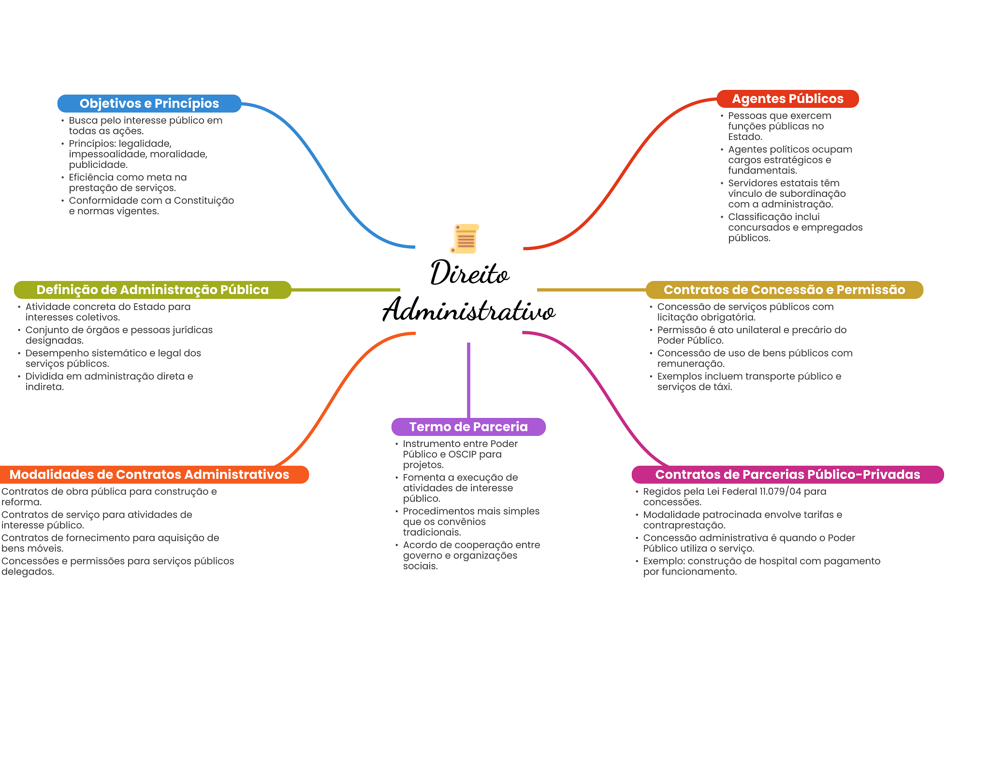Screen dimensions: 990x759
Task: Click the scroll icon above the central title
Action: tap(465, 238)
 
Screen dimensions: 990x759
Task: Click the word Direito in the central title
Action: tap(469, 273)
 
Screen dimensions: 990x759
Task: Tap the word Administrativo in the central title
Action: tap(468, 310)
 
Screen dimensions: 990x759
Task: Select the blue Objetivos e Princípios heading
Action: tap(149, 104)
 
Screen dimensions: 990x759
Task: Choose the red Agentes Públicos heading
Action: tap(787, 99)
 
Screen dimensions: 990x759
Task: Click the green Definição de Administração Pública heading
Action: tap(152, 290)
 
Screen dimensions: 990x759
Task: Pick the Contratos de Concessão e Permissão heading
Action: tap(784, 290)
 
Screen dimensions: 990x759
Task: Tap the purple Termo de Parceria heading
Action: tap(468, 427)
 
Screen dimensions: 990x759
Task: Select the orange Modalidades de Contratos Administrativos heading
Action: tap(149, 475)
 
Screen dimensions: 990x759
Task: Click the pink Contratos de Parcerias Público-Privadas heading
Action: tap(787, 475)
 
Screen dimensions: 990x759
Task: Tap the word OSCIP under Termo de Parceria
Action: tap(462, 454)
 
